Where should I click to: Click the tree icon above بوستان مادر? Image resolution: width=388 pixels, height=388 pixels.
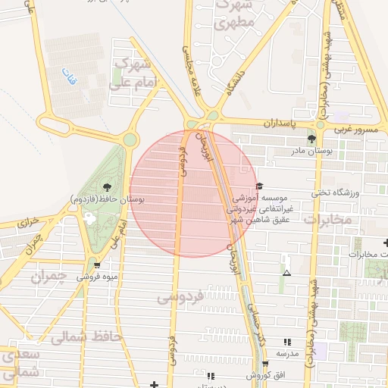[311, 139]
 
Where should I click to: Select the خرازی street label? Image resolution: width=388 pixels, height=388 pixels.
[28, 223]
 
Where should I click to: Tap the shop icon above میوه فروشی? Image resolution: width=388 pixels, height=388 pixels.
[97, 264]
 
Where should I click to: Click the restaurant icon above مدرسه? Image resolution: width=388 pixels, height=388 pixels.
[286, 343]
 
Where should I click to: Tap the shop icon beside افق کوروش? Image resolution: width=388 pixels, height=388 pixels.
[264, 364]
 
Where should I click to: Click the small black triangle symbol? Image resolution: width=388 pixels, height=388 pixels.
[286, 273]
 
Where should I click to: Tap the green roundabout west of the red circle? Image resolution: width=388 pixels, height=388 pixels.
[130, 139]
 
